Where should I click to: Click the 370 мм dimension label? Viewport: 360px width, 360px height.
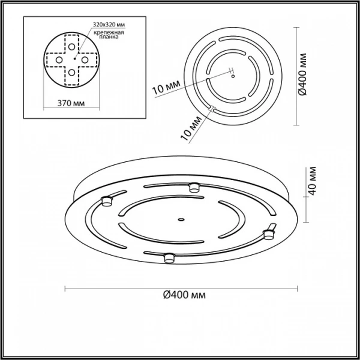(x=71, y=103)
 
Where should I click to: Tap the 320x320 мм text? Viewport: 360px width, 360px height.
(x=109, y=25)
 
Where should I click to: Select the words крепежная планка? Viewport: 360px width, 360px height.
(x=109, y=34)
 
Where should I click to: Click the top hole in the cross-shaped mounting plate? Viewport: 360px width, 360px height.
(x=71, y=47)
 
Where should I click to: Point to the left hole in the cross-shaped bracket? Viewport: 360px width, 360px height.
(x=59, y=60)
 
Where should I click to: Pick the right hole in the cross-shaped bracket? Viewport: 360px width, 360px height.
(x=85, y=60)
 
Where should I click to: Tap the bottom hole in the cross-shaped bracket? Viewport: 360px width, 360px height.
(x=71, y=73)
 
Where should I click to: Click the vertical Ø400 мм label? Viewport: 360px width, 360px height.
(x=303, y=74)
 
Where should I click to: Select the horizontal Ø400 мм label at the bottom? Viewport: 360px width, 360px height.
(x=184, y=295)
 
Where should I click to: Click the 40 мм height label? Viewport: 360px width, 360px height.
(x=312, y=181)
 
